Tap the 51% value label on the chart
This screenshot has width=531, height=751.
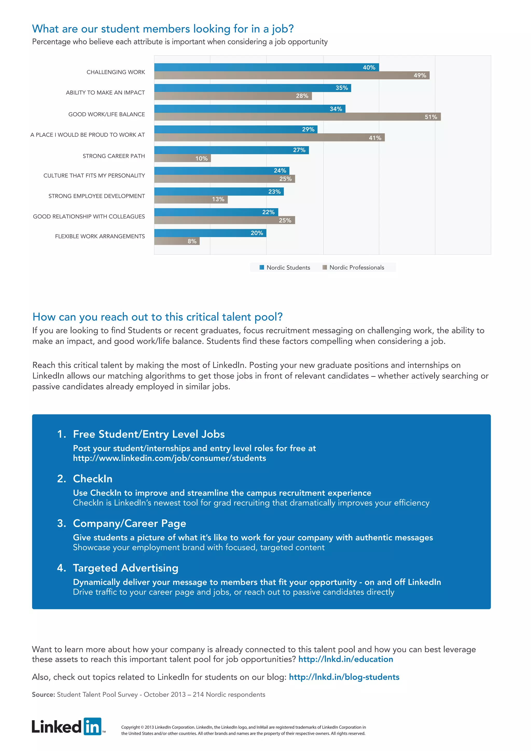(431, 117)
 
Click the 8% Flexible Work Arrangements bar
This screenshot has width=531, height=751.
(177, 241)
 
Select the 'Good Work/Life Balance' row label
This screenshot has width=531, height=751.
(106, 114)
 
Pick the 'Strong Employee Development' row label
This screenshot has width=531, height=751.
(96, 196)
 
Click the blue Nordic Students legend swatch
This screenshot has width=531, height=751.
(262, 267)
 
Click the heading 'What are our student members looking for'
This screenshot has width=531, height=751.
(163, 29)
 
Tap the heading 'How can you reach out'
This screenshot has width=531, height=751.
(157, 317)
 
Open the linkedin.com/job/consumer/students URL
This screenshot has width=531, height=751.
(169, 458)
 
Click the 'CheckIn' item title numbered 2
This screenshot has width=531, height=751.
(93, 478)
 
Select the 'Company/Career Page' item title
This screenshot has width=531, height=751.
(129, 523)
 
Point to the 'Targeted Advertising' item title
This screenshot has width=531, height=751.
(125, 568)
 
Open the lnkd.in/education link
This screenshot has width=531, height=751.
(345, 659)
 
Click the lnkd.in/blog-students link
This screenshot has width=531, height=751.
(344, 677)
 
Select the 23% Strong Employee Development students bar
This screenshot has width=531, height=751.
(219, 192)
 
